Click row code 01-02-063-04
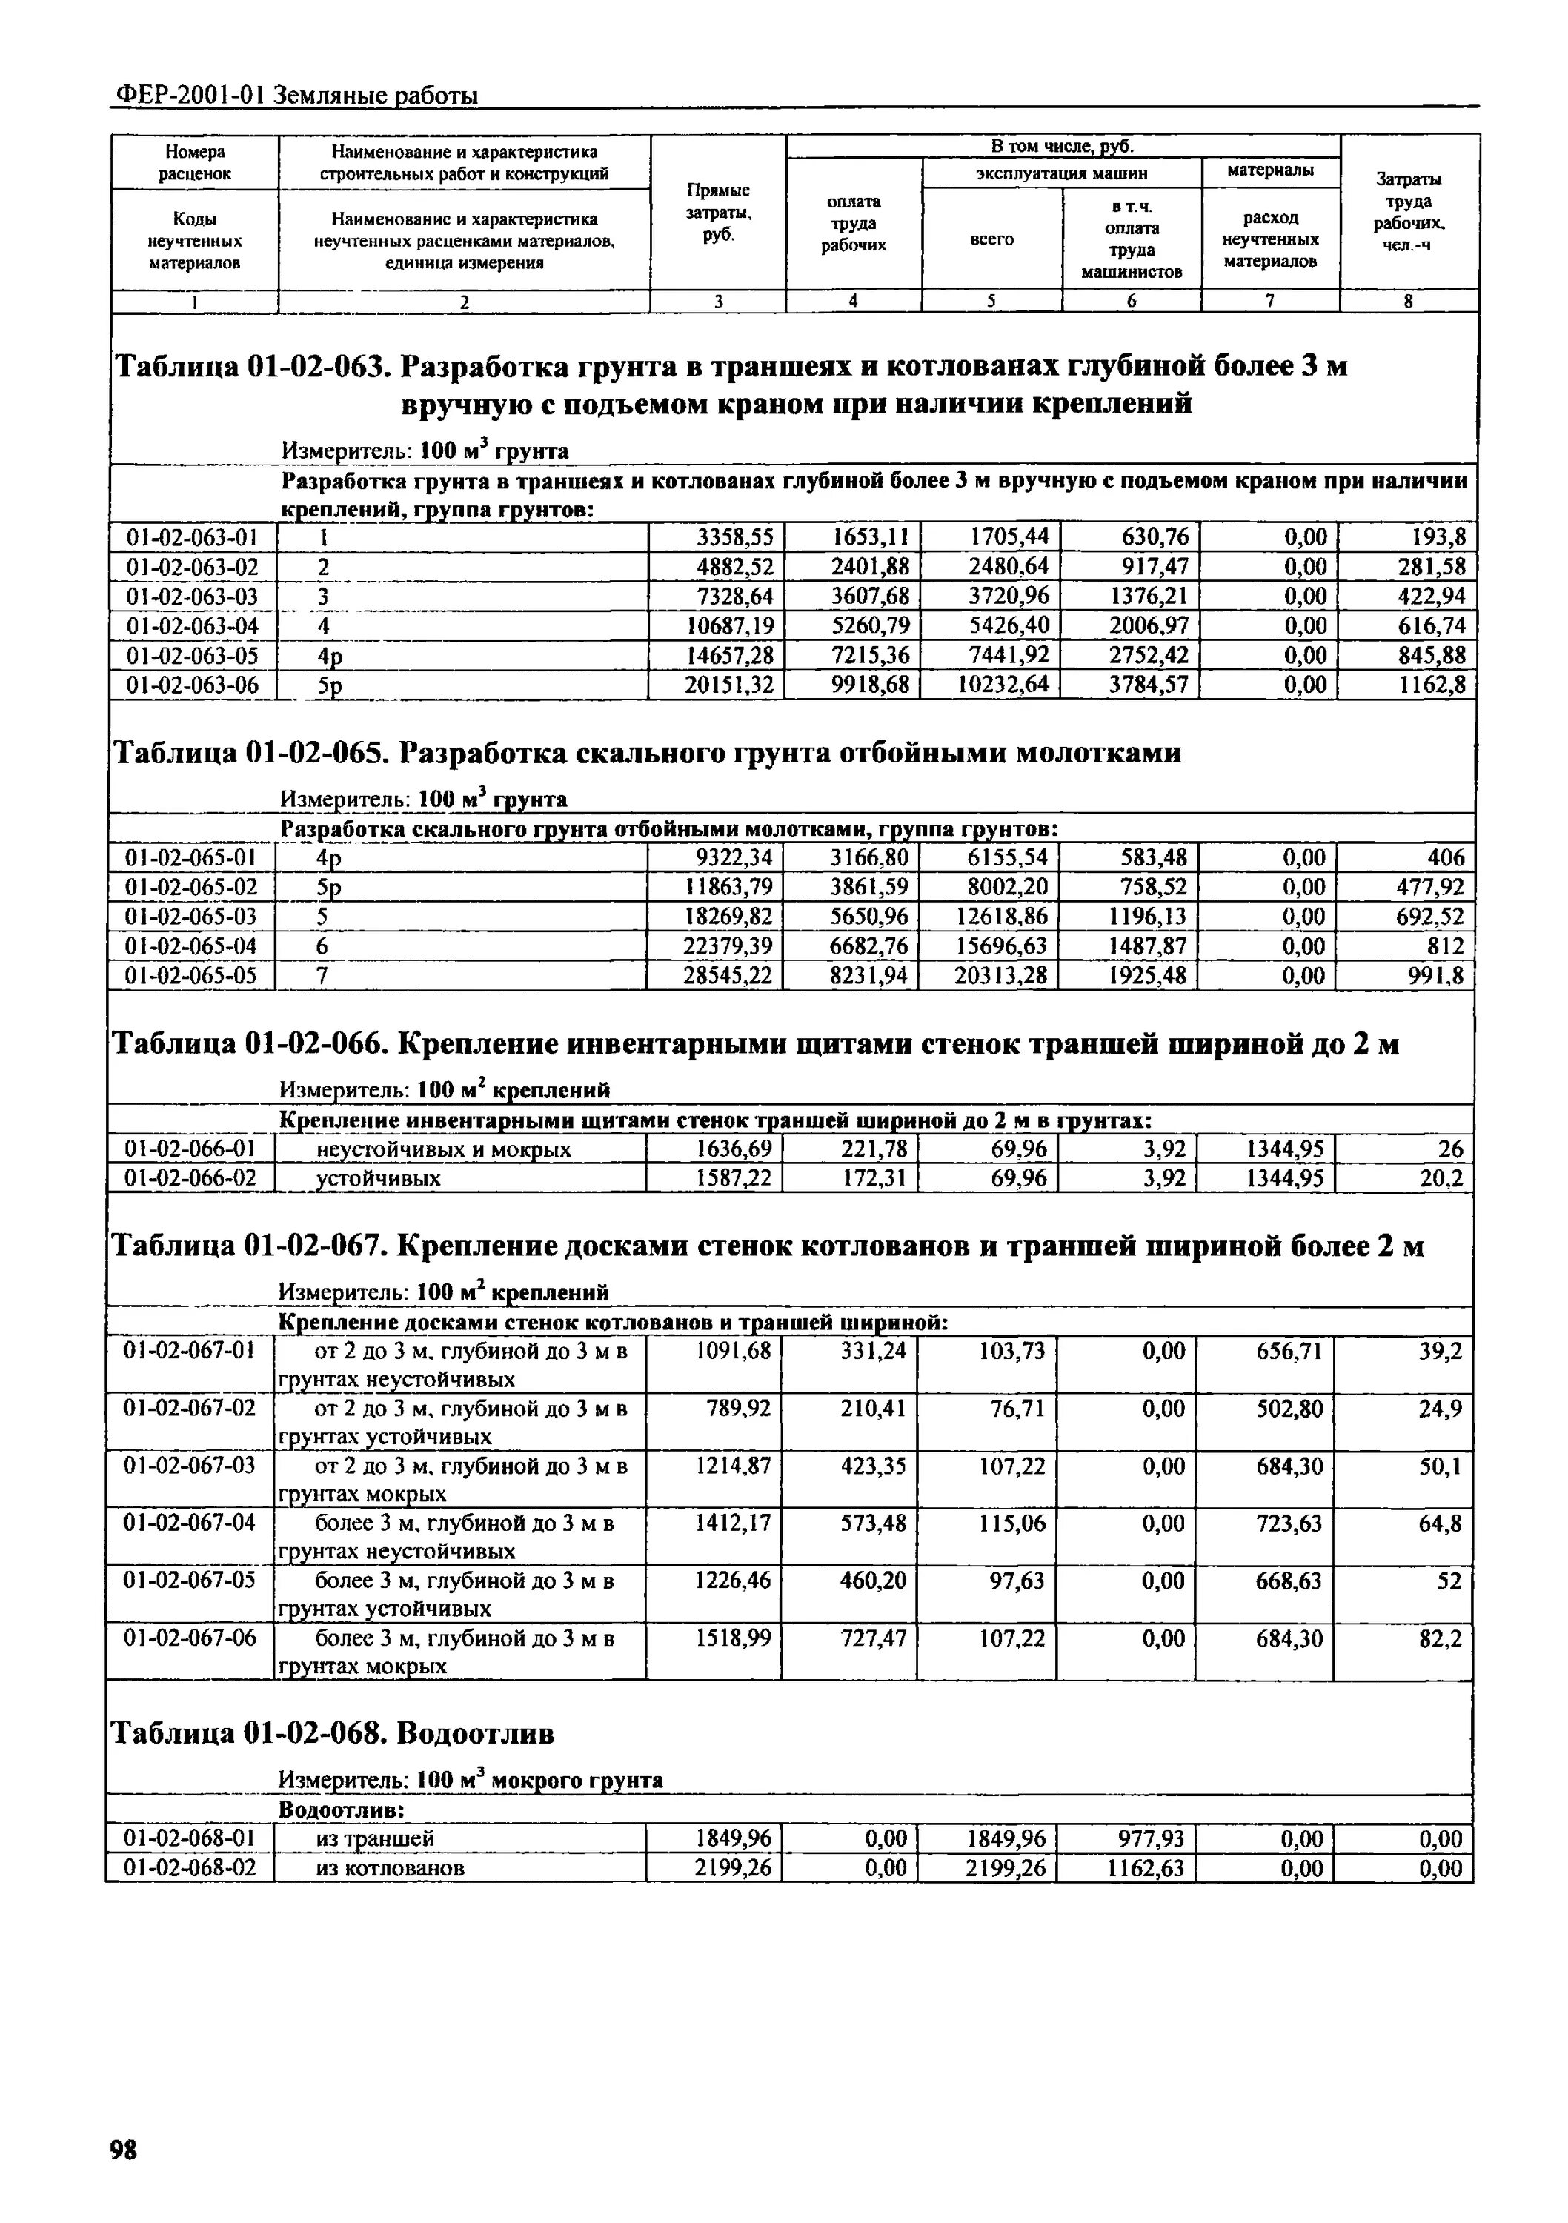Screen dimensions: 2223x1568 (x=193, y=625)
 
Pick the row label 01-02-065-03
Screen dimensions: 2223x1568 (x=192, y=916)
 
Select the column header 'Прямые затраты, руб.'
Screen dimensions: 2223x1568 (x=717, y=212)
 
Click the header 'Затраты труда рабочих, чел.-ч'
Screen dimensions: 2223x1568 (x=1409, y=212)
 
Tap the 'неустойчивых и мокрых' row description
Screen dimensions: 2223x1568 (x=444, y=1149)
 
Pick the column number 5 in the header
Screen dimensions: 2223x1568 (x=991, y=301)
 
